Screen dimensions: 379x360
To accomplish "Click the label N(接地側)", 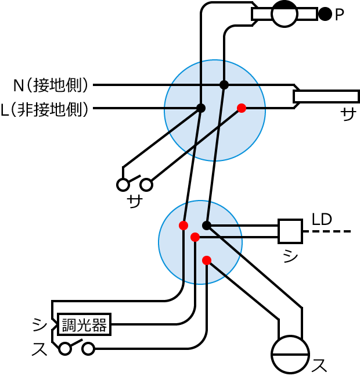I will tap(51, 85).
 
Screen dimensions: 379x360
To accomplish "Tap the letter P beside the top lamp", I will tap(340, 15).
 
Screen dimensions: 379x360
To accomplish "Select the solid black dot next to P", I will tap(325, 14).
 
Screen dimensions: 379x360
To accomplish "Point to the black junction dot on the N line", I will tap(224, 85).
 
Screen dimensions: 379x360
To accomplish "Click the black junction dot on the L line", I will tap(201, 108).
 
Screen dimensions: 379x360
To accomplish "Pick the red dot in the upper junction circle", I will tap(242, 108).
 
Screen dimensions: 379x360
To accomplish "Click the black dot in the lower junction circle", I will tap(207, 226).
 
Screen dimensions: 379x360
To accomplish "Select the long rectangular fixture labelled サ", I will tap(326, 96).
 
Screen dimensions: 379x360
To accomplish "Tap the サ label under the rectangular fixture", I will tap(348, 115).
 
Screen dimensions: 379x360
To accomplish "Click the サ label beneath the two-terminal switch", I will tap(135, 202).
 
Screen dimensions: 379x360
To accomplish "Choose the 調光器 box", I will tap(84, 324).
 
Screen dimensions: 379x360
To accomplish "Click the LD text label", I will tap(322, 219).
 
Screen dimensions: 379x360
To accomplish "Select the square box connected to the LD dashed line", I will tap(290, 231).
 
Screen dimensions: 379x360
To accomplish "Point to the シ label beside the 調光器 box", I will tap(39, 324).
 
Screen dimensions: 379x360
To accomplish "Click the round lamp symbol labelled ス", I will tap(290, 354).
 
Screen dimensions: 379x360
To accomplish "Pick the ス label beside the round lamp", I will tap(319, 366).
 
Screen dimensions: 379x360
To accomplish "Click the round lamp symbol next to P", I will tap(285, 14).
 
